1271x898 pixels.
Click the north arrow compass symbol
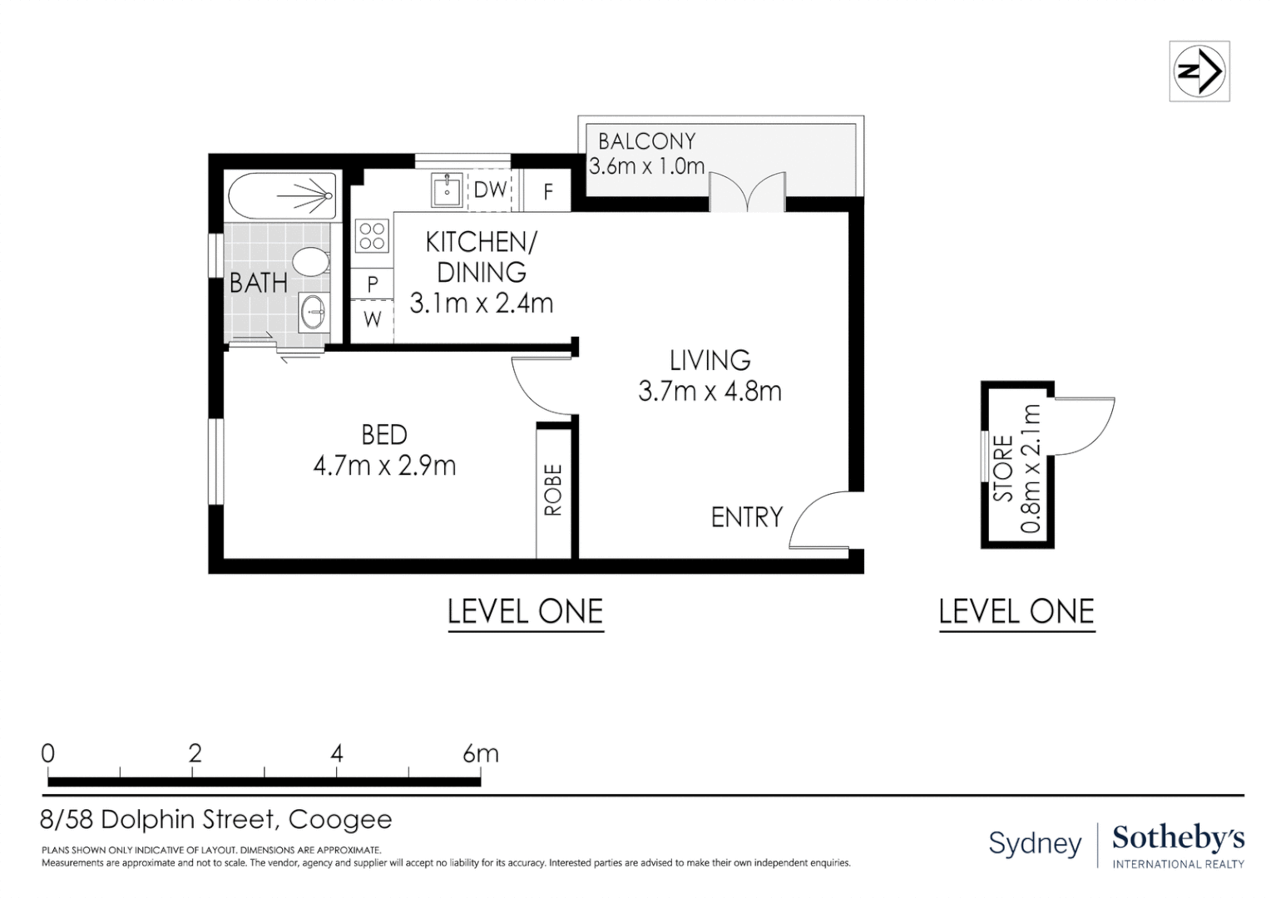[x=1199, y=72]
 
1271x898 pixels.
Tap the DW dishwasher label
[x=490, y=190]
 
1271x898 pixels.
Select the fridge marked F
[x=547, y=190]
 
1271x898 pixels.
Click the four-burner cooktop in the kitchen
[x=372, y=236]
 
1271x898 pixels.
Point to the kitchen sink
[x=448, y=190]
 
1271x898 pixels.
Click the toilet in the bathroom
[x=311, y=262]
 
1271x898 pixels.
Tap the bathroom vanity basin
[x=314, y=312]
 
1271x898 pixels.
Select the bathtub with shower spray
[x=282, y=195]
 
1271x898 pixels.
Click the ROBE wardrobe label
[x=553, y=490]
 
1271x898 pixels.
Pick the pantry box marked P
[x=372, y=284]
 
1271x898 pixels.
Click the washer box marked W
[x=372, y=320]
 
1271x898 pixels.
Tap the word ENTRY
[x=747, y=517]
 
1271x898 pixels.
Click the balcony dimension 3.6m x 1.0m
[x=647, y=166]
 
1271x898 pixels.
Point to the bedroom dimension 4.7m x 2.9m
[x=384, y=466]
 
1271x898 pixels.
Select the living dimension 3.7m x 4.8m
[x=710, y=392]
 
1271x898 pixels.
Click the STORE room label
[x=1004, y=469]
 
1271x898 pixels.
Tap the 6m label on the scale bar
[x=481, y=754]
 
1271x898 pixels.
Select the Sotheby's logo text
[x=1179, y=839]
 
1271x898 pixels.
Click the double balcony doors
[x=748, y=192]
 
